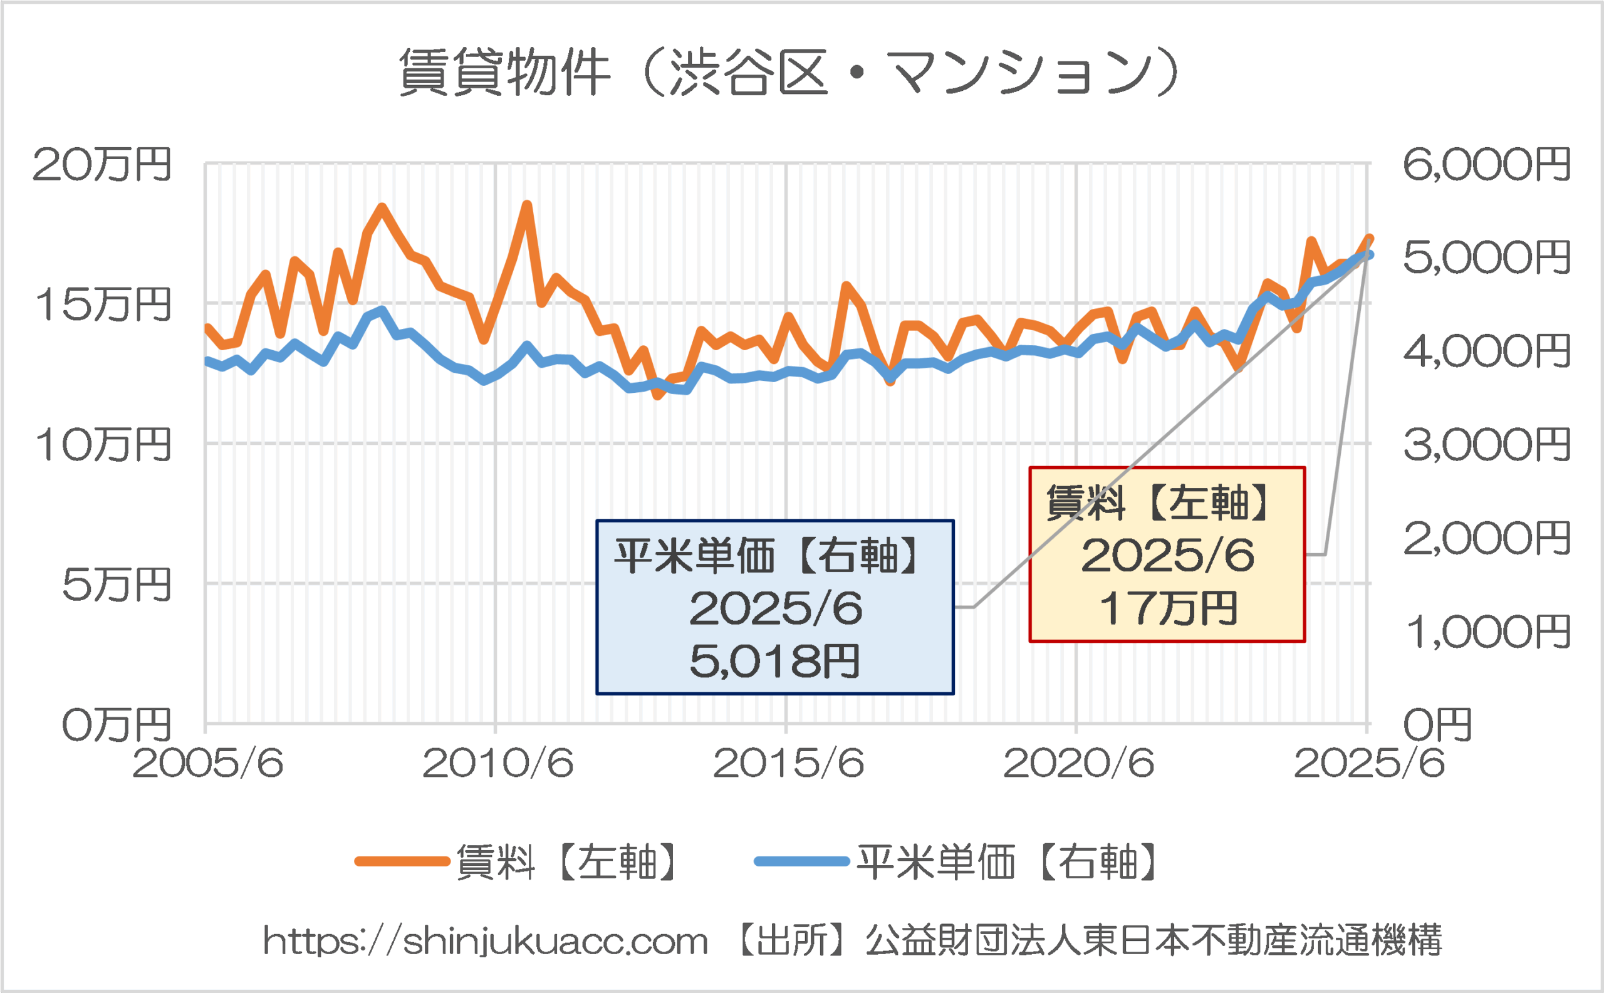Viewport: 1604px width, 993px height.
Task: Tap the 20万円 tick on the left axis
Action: (x=102, y=164)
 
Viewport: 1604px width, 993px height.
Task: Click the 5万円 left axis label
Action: (x=117, y=585)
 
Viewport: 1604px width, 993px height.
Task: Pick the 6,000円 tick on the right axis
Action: (x=1486, y=164)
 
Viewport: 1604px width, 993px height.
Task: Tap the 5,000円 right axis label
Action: (x=1486, y=257)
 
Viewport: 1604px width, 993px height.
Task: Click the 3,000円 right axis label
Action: (x=1486, y=445)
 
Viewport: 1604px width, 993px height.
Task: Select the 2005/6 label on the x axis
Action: (x=207, y=763)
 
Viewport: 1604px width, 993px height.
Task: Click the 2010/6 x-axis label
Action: (x=498, y=763)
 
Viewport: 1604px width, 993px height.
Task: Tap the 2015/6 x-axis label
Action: (x=788, y=763)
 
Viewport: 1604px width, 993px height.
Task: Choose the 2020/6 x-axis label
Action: (x=1078, y=763)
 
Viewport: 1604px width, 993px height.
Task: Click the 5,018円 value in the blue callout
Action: (x=774, y=661)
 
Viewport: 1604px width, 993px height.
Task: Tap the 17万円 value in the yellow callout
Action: (x=1168, y=608)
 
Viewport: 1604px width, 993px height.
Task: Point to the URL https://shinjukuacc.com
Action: (x=486, y=941)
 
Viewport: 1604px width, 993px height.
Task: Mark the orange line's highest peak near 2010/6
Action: (x=527, y=205)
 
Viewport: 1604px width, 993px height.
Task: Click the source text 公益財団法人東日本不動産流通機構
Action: (x=1154, y=940)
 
